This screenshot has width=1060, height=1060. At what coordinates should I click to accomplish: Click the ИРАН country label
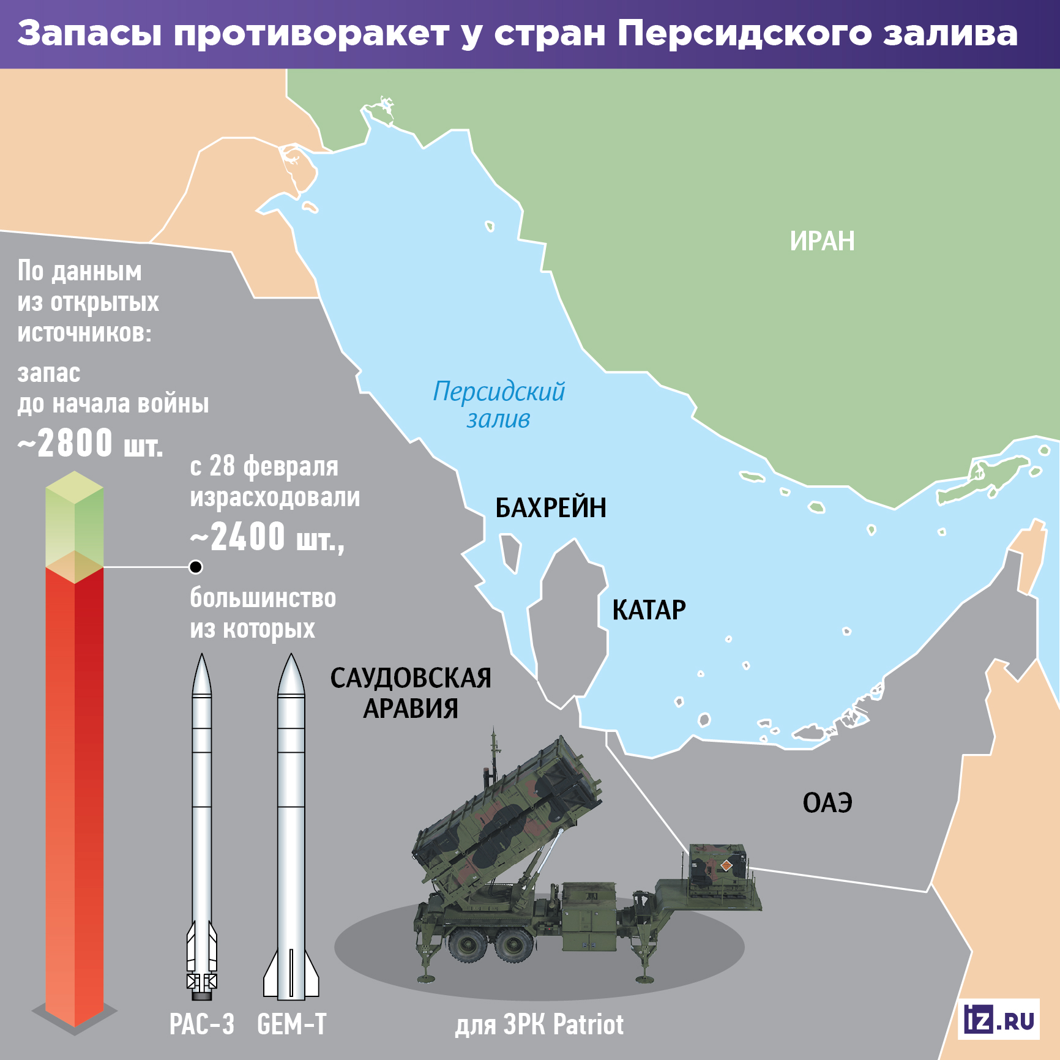coord(822,241)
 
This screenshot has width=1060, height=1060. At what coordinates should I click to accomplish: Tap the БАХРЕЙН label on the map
coord(550,508)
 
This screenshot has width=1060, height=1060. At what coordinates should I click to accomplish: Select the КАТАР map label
coord(649,610)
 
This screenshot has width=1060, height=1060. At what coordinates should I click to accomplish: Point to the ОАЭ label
coord(827,803)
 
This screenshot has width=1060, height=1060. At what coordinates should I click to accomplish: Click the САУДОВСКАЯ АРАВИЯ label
coord(411,693)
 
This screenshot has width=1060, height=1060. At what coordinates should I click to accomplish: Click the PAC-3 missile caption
coord(201,1025)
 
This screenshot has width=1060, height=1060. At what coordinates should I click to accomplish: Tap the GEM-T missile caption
coord(292,1025)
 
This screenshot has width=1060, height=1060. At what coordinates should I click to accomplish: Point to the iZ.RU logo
coord(999,1020)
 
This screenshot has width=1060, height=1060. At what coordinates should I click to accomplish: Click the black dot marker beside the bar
coord(196,567)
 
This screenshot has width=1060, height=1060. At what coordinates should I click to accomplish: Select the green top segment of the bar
coord(75,520)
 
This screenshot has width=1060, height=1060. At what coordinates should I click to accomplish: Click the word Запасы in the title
coord(89,33)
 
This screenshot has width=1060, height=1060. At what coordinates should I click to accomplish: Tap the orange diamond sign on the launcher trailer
coord(726,865)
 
